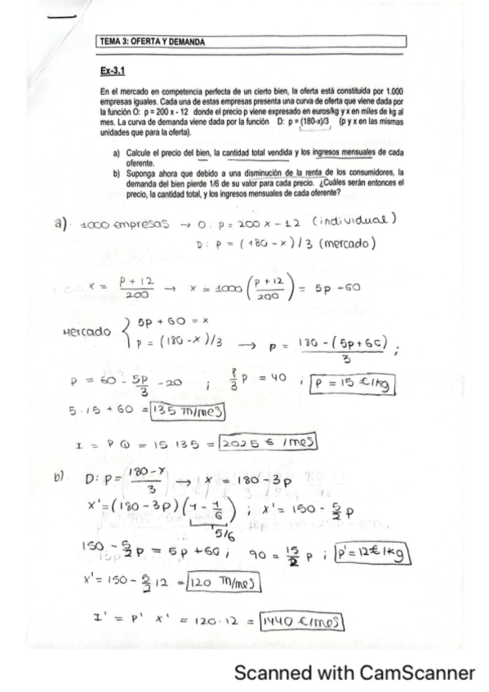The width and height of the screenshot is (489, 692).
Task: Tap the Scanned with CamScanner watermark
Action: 353,672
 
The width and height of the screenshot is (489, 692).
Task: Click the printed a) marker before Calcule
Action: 117,153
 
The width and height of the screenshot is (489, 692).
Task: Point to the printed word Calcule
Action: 138,153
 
